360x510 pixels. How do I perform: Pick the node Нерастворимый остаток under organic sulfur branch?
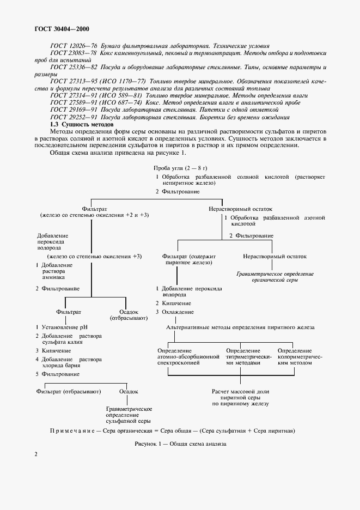coord(274,256)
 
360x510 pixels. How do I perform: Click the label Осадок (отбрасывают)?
coord(126,314)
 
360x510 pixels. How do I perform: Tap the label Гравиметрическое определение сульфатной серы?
coord(129,415)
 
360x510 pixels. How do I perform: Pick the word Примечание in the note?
coord(75,431)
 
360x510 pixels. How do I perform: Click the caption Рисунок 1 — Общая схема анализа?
coord(180,444)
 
